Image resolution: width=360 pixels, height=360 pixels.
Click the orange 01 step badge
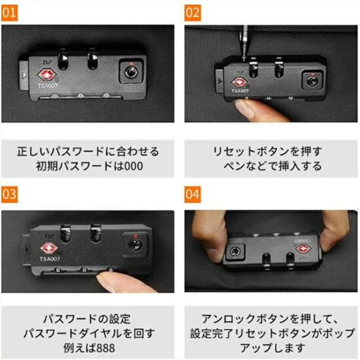click(9, 13)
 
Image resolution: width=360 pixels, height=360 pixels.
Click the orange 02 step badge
click(193, 13)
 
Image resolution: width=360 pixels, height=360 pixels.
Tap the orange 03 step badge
click(9, 194)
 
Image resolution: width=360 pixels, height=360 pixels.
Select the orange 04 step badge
click(193, 194)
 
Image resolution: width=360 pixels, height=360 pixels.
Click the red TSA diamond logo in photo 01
click(47, 74)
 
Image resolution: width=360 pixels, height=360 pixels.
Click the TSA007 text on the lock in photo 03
click(50, 259)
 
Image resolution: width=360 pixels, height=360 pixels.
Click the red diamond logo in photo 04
click(302, 248)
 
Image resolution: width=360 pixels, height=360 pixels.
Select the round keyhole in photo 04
click(234, 251)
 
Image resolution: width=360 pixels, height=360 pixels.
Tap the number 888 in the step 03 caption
click(106, 348)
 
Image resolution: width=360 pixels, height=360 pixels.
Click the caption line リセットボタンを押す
click(268, 151)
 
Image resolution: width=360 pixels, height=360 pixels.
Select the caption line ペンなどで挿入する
click(273, 166)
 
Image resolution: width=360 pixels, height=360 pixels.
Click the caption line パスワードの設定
click(87, 319)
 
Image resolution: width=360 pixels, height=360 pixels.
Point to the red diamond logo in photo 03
click(49, 248)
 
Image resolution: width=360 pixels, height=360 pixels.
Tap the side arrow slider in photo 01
click(24, 75)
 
